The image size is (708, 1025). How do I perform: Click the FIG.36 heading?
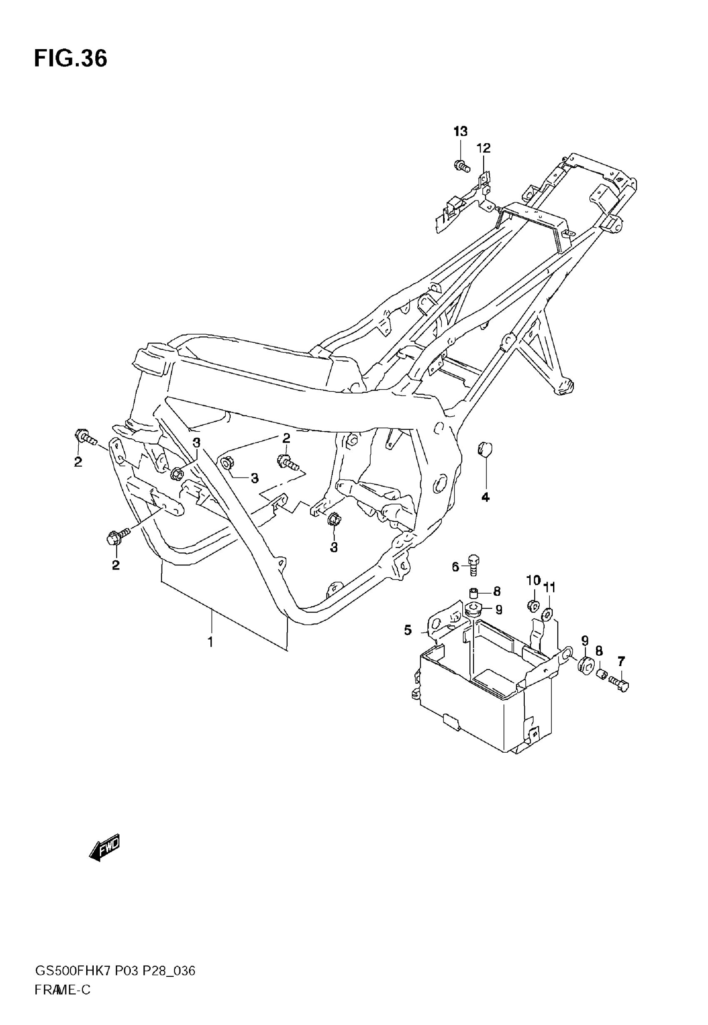point(70,59)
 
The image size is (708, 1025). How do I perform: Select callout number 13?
point(461,132)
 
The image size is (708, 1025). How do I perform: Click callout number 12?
point(484,148)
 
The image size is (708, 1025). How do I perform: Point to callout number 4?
point(485,498)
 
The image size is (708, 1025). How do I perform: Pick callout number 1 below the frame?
point(211,642)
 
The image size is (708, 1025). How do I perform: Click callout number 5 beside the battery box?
point(408,630)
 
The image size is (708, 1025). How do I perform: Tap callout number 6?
point(455,567)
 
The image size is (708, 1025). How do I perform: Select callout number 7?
point(621,662)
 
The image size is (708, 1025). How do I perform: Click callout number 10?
point(533,580)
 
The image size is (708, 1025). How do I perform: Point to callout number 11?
point(549,588)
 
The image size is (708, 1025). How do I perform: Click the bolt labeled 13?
point(462,167)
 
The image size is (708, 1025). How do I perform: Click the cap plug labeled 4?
point(484,449)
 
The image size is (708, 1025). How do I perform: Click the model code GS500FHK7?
point(73,971)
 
